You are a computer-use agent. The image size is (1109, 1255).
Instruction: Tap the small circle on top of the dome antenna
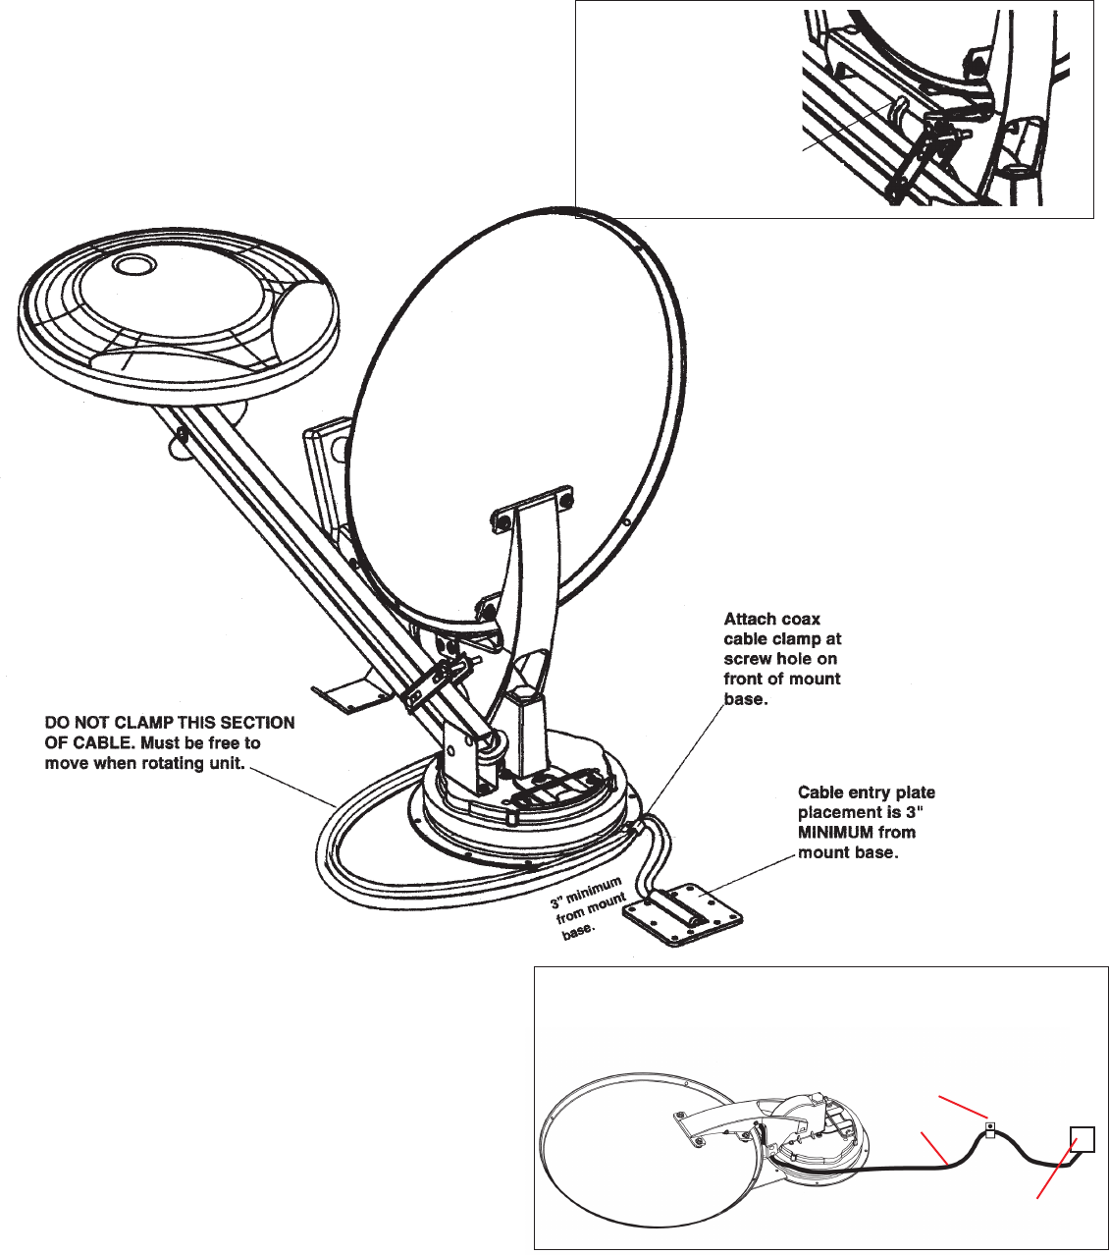pyautogui.click(x=133, y=265)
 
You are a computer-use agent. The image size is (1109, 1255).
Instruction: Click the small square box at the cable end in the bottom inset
pyautogui.click(x=1083, y=1139)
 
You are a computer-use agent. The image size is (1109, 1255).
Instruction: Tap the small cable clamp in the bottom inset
pyautogui.click(x=989, y=1130)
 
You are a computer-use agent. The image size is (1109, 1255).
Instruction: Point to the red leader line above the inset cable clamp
pyautogui.click(x=963, y=1107)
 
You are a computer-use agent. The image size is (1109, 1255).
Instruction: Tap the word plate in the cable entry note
pyautogui.click(x=917, y=792)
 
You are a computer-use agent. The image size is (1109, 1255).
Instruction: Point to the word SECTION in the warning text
pyautogui.click(x=263, y=723)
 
